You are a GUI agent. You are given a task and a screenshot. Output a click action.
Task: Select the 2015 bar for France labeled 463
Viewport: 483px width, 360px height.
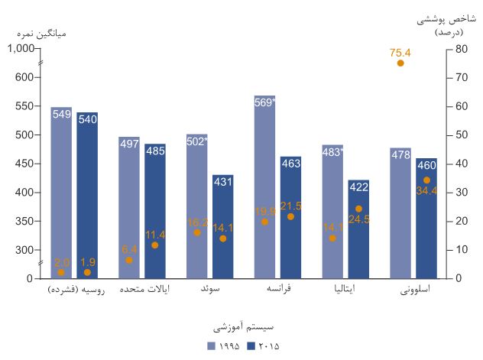click(290, 218)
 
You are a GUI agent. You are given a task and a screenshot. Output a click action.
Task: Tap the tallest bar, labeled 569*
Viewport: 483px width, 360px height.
click(264, 187)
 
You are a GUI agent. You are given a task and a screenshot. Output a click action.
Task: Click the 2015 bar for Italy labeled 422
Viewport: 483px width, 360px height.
click(358, 229)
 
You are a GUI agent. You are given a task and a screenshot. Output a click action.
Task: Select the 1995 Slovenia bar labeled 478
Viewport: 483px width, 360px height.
click(400, 213)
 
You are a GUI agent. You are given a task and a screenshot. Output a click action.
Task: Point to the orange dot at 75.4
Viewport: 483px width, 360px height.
click(400, 63)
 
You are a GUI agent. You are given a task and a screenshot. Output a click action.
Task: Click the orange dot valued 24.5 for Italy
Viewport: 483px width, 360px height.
click(358, 209)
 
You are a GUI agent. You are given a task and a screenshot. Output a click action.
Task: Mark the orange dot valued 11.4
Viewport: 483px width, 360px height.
click(155, 245)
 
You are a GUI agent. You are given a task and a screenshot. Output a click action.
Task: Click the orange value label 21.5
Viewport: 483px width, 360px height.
click(291, 206)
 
